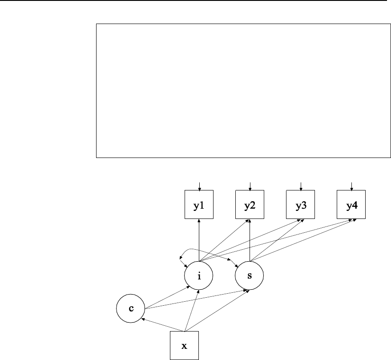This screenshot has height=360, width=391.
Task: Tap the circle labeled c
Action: [x=130, y=309]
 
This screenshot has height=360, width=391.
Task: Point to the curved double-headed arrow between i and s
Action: [x=205, y=250]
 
